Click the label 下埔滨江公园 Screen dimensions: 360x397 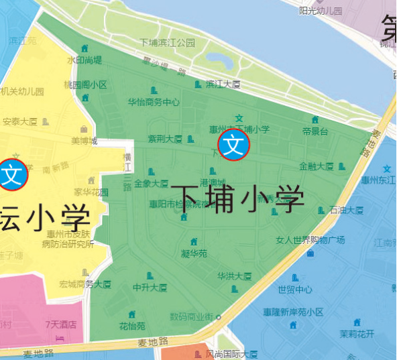[167, 42]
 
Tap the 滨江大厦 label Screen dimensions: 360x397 [223, 84]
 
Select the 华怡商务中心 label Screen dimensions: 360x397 [154, 103]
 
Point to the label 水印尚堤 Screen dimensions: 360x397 [84, 60]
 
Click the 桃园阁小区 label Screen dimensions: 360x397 [85, 85]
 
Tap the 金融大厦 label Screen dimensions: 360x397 [317, 166]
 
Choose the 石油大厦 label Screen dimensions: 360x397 [347, 210]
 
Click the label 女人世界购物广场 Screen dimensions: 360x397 [310, 240]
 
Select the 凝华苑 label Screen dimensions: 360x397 [194, 253]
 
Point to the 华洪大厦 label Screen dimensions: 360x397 [234, 276]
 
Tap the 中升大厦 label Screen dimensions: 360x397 [150, 288]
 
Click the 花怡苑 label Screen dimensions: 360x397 [132, 326]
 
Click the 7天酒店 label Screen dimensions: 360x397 [61, 325]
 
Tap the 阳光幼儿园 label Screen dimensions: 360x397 [321, 11]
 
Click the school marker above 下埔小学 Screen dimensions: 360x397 [234, 145]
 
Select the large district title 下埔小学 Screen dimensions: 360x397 [237, 198]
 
